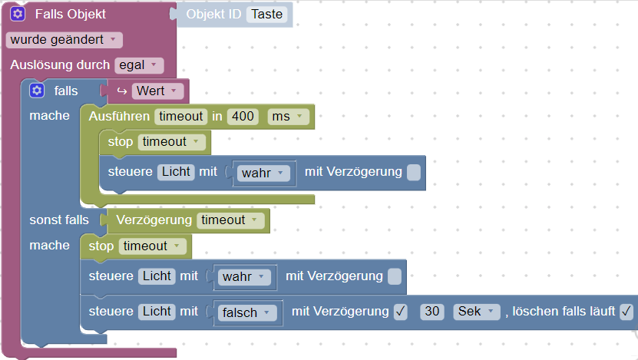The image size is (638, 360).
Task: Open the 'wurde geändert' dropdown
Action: click(64, 39)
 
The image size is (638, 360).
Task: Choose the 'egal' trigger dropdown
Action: click(139, 65)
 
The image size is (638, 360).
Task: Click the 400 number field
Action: click(243, 116)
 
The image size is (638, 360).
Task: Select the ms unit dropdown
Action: click(289, 116)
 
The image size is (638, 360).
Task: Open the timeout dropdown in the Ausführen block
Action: click(180, 116)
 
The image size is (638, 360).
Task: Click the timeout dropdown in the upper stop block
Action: click(174, 142)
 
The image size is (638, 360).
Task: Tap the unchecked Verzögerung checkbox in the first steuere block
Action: click(414, 172)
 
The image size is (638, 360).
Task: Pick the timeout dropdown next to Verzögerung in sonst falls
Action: click(231, 220)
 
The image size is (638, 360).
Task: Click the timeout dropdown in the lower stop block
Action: click(154, 246)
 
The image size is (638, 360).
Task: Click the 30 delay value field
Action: click(433, 312)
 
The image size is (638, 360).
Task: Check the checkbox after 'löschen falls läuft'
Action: click(626, 312)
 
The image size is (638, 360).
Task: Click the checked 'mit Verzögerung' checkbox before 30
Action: click(400, 312)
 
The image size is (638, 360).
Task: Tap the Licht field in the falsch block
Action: click(157, 312)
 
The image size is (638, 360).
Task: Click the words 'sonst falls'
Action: click(59, 220)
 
